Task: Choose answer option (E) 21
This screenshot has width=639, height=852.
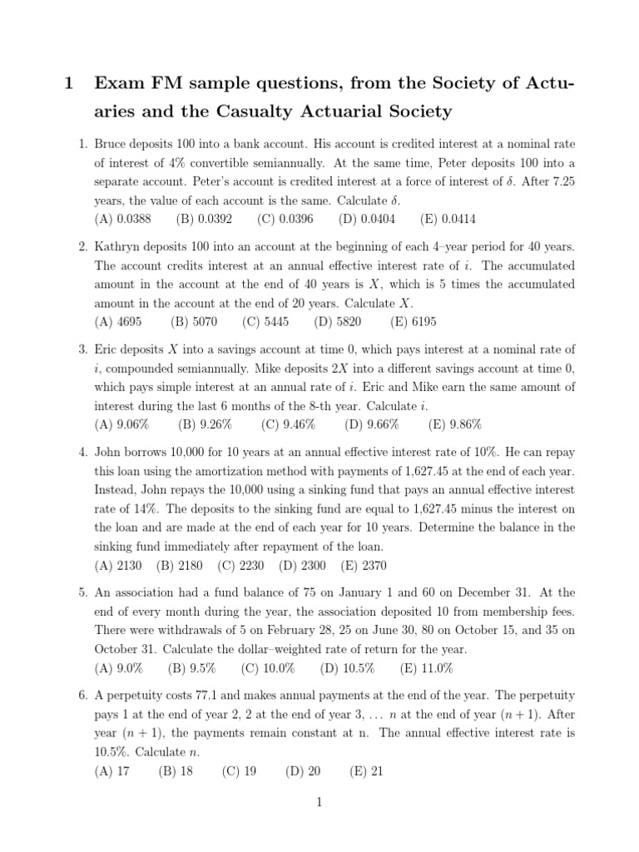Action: pyautogui.click(x=367, y=770)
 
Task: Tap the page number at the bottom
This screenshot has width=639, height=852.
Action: pyautogui.click(x=319, y=802)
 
